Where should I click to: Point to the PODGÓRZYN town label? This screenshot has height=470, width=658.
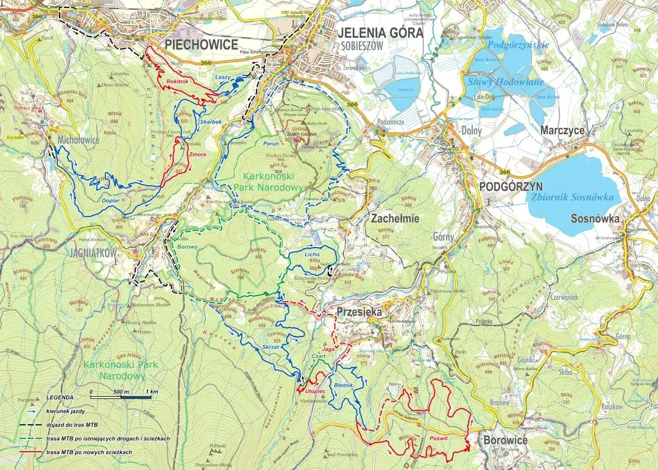[x=509, y=187]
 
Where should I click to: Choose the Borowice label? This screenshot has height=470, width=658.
[x=506, y=440]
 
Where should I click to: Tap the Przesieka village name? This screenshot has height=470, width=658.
[x=358, y=312]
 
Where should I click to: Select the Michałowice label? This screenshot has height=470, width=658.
[x=79, y=140]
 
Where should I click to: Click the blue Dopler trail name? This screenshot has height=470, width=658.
[x=110, y=200]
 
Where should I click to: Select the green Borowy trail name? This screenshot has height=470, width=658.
[x=186, y=247]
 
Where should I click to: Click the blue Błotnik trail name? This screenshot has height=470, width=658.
[x=344, y=386]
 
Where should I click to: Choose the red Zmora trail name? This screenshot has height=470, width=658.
[x=197, y=155]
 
